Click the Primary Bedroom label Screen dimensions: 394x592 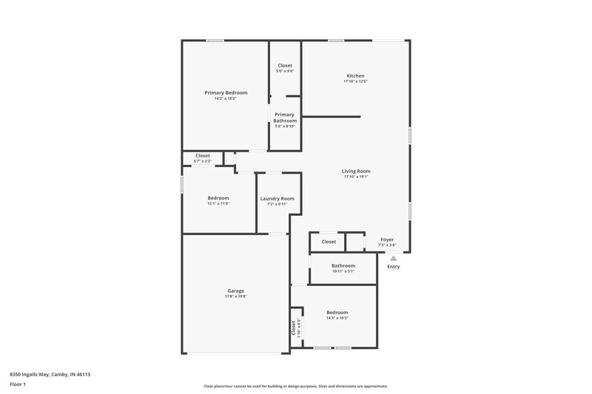[x=226, y=92]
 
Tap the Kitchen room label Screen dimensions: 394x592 [x=355, y=75]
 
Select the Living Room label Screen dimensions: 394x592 [x=356, y=171]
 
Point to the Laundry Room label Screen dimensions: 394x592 [x=277, y=198]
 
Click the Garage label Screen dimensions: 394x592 [x=236, y=291]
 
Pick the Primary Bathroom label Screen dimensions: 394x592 [x=285, y=118]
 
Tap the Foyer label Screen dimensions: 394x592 [x=387, y=240]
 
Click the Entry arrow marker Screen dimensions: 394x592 [x=394, y=258]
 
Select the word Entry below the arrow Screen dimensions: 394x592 [x=394, y=267]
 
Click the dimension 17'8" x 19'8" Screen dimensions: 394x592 [x=236, y=297]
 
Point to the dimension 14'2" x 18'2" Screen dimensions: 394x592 [x=226, y=98]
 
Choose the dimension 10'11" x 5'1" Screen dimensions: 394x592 [x=343, y=271]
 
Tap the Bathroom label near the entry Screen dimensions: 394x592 [x=343, y=265]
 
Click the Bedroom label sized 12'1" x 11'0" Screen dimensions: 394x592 [x=218, y=197]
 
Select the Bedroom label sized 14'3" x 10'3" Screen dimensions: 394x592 [x=337, y=312]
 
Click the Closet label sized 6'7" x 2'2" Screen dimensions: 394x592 [x=202, y=155]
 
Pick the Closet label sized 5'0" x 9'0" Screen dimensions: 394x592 [x=285, y=65]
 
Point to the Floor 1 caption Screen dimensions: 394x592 [x=18, y=385]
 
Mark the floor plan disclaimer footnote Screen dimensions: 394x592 [x=296, y=386]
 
